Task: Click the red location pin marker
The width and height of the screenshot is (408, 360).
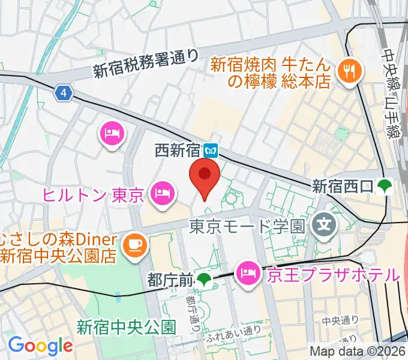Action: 204,175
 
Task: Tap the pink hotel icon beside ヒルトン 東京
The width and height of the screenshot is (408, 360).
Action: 161,193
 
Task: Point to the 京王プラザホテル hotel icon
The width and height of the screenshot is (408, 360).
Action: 247,274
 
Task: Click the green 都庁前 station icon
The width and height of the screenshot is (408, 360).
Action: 205,279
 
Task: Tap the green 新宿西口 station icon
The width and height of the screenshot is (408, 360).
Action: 384,187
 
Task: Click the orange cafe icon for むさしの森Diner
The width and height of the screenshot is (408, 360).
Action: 131,245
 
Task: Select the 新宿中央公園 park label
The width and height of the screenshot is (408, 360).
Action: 126,327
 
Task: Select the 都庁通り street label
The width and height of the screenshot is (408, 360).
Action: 190,310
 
